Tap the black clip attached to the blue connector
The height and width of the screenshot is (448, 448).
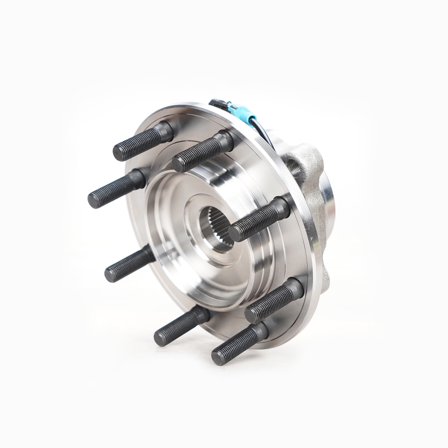(x=216, y=104)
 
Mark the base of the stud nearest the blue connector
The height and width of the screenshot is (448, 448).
(x=225, y=139)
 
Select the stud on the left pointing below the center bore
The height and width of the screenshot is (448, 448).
(x=128, y=263)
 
